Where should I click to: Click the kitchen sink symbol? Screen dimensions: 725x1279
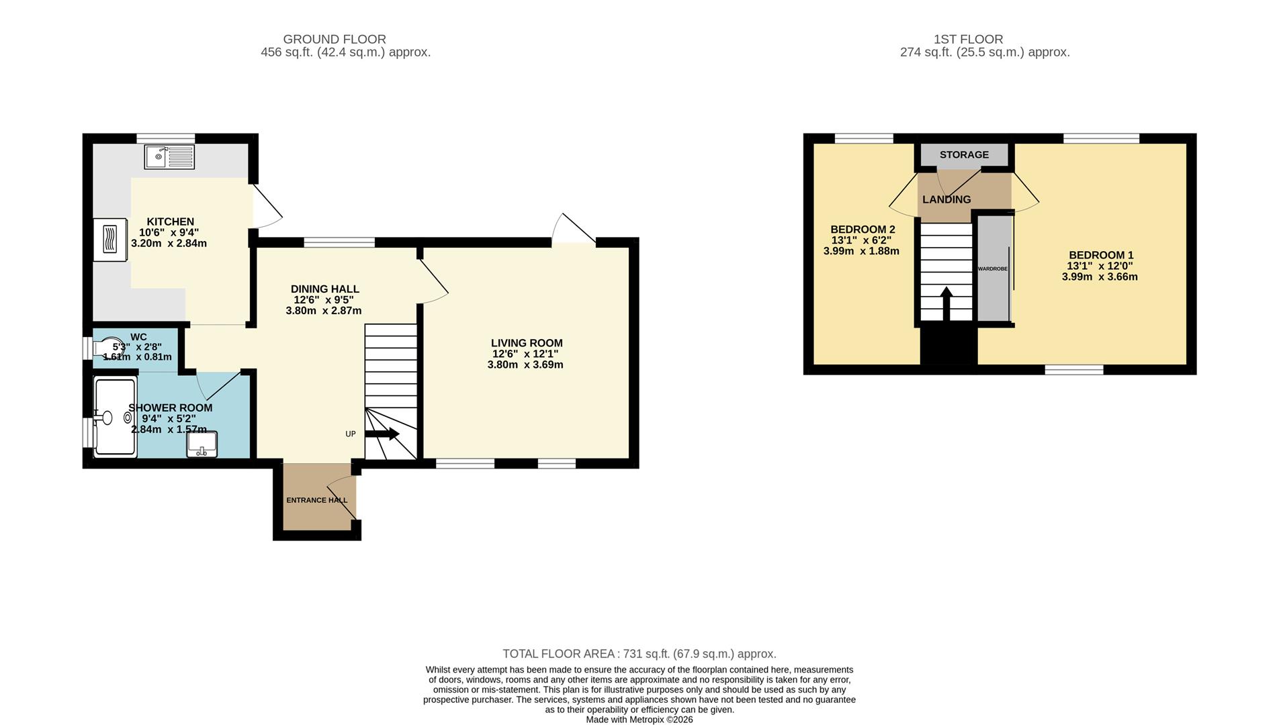click(169, 157)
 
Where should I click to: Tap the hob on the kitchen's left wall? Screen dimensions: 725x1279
click(110, 240)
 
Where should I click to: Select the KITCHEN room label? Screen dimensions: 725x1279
click(171, 222)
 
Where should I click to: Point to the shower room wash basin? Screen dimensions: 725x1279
click(202, 444)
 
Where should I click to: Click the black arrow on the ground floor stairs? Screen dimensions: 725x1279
click(382, 434)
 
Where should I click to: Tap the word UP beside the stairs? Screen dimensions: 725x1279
click(351, 434)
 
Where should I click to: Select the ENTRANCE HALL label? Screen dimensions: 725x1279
click(317, 500)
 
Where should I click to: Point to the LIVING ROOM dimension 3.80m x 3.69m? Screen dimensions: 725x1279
click(525, 365)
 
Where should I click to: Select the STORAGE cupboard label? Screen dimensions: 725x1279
click(964, 155)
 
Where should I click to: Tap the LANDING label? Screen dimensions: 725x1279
click(946, 199)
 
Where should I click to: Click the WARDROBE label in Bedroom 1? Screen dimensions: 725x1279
click(992, 269)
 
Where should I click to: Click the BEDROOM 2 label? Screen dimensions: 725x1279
click(863, 230)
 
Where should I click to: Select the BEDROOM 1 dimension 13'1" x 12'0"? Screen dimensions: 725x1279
click(1100, 266)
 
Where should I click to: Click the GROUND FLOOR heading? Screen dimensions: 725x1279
click(335, 40)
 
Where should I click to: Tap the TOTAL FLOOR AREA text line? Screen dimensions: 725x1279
click(639, 654)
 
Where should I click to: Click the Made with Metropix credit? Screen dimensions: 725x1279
click(639, 720)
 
